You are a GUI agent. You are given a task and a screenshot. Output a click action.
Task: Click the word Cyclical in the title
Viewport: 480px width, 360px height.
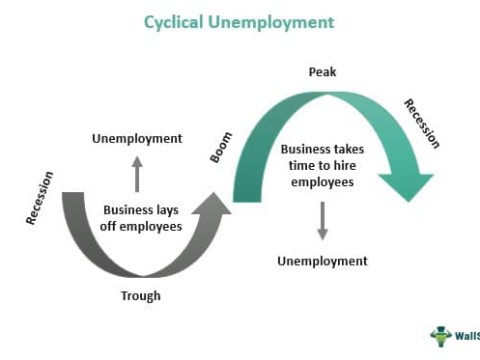(177, 21)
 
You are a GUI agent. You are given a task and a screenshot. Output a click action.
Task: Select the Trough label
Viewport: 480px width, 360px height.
(140, 296)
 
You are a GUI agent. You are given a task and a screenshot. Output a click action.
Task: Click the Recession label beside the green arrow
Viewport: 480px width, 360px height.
(421, 123)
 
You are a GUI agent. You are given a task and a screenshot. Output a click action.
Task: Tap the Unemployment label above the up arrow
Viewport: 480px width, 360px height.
(137, 138)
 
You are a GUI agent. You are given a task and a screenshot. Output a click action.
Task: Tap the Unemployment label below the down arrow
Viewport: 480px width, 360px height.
(322, 261)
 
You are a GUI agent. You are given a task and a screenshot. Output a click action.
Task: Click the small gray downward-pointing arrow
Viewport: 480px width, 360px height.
(322, 221)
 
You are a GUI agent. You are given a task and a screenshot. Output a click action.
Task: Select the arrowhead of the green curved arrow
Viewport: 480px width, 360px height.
(406, 185)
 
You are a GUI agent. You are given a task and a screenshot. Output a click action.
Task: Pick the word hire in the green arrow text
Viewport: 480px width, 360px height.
(349, 167)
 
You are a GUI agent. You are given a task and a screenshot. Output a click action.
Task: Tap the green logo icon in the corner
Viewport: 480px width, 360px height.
(440, 335)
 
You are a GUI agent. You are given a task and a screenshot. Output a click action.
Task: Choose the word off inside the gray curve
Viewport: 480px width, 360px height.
(113, 228)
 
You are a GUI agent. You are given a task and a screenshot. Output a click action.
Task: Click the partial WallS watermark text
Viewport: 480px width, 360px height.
(466, 335)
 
